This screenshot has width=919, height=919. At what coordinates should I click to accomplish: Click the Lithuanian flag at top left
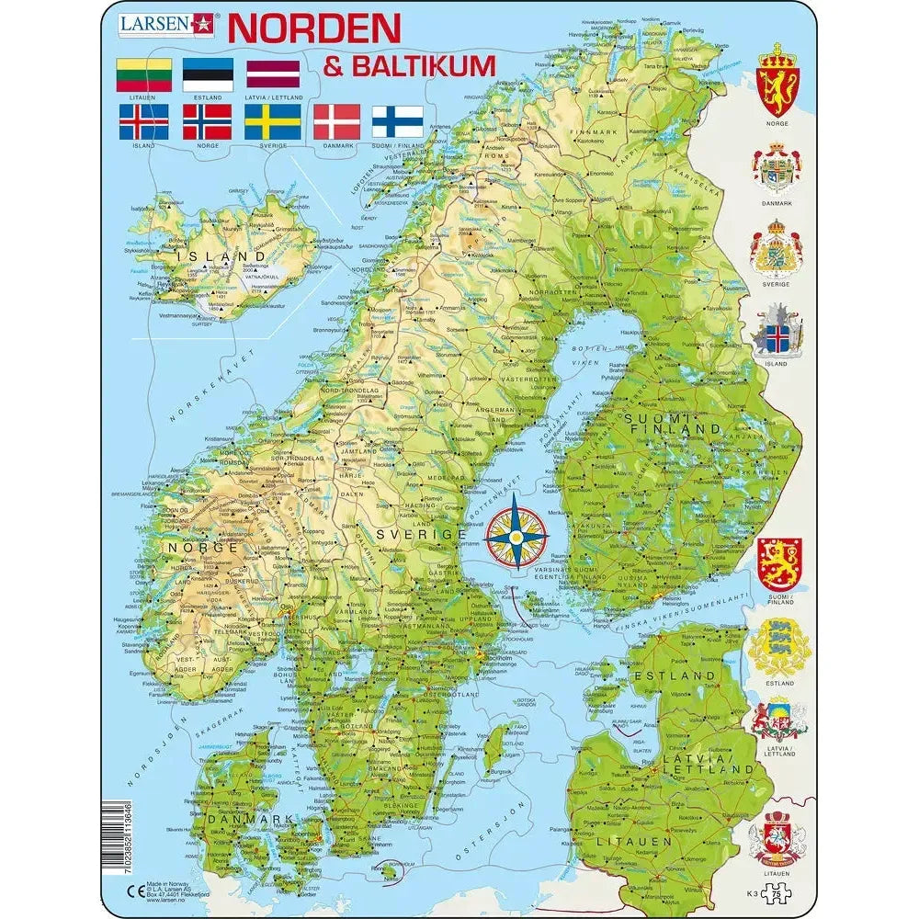143,74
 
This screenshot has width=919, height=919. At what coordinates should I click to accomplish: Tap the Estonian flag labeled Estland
208,74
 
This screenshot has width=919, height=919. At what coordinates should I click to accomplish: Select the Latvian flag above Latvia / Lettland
272,74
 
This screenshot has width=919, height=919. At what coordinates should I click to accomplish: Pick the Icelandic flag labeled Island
143,121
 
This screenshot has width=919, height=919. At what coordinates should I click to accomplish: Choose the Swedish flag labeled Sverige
272,121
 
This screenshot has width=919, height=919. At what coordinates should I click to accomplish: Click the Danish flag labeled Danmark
336,121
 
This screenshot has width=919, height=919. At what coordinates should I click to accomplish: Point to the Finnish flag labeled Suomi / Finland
397,121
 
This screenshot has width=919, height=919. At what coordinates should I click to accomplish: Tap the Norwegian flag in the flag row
208,121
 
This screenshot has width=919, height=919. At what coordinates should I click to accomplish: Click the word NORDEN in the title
313,28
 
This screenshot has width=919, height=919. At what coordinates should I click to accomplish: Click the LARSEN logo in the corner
166,24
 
